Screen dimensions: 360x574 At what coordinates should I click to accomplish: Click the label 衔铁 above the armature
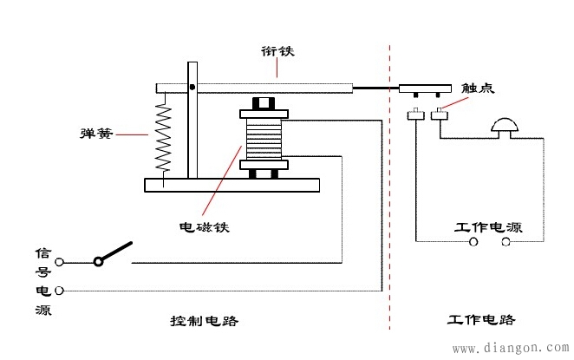[277, 51]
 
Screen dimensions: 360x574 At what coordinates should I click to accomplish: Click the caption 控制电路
[204, 320]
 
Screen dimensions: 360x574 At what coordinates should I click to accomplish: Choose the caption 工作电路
[482, 319]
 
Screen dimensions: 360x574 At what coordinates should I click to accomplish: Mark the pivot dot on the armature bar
[192, 87]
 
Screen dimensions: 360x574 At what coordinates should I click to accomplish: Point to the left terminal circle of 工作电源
[473, 243]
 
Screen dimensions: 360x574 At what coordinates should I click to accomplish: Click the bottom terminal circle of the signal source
[60, 290]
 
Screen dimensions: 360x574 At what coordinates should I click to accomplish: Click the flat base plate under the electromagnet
[232, 185]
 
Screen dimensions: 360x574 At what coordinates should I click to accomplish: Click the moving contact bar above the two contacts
[426, 88]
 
